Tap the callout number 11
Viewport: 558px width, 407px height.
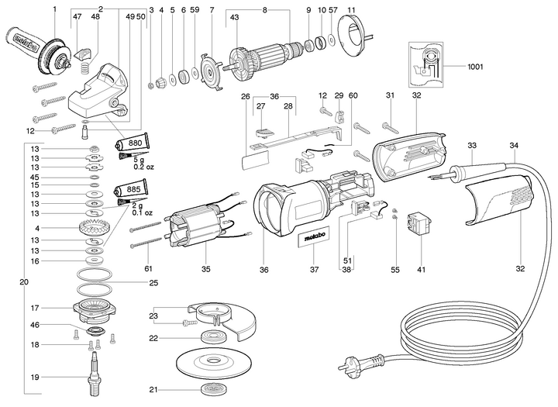(351, 9)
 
